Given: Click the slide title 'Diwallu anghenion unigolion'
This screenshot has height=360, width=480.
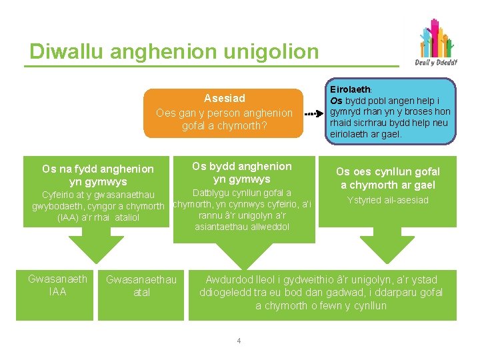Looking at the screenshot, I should point(174,51).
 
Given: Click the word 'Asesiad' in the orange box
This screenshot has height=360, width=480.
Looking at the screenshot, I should point(224,99).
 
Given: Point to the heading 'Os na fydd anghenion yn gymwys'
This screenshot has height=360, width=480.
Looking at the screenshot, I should point(97,175).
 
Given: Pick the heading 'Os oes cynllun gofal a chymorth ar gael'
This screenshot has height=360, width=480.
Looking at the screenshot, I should point(387,179).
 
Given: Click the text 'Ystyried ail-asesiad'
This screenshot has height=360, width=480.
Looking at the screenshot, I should point(387,200).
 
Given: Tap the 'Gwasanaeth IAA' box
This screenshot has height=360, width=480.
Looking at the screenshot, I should point(57,285).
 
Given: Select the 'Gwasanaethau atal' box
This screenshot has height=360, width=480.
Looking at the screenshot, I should point(141,286).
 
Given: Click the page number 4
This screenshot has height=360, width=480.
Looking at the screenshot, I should point(238,341).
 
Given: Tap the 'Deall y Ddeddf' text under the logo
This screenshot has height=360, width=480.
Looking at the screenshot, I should point(436,63).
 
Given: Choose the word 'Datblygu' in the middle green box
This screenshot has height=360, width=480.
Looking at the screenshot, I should point(211,193).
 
